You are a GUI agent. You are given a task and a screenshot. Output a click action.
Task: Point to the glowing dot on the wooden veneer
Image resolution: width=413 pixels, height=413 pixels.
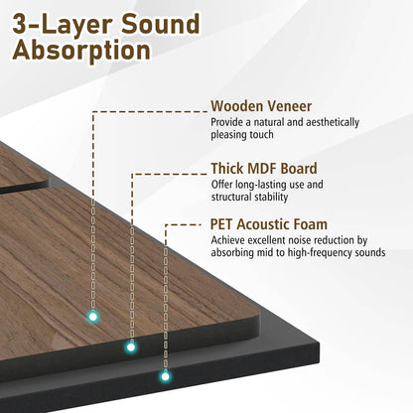click(x=92, y=316)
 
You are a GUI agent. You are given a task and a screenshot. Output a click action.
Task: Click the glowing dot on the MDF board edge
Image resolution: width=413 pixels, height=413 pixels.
click(x=129, y=347)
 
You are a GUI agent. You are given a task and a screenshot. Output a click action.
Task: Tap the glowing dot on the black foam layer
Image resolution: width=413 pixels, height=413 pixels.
click(x=165, y=376)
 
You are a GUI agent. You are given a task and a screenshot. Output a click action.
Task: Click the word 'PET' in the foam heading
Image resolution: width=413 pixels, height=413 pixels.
click(x=224, y=224)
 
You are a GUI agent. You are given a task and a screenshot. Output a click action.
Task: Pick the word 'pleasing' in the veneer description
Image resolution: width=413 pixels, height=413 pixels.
click(x=232, y=135)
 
